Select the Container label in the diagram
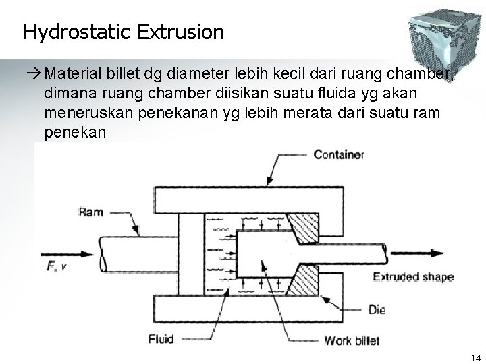tap(339, 155)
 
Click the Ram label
tap(90, 213)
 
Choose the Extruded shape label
tap(412, 277)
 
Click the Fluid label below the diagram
tap(160, 338)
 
